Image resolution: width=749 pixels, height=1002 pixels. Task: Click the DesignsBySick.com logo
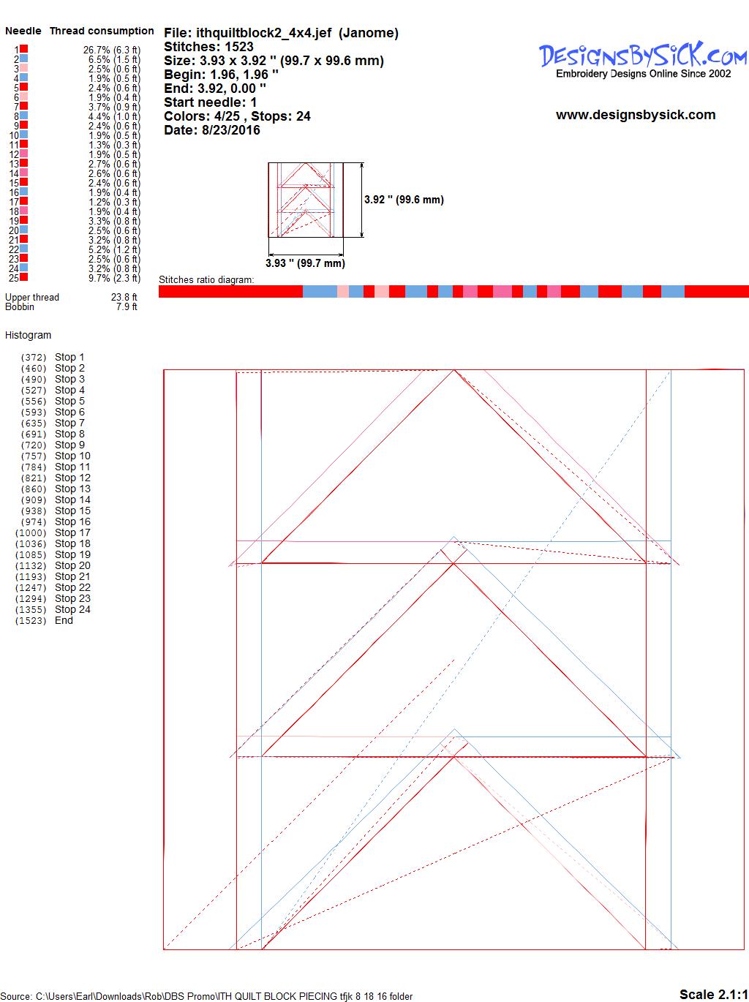pos(643,60)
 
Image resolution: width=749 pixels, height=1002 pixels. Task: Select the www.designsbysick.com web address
pos(636,115)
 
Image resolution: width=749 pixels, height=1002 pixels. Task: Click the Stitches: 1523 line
pos(208,47)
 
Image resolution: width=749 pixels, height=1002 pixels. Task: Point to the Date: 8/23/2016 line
pos(212,130)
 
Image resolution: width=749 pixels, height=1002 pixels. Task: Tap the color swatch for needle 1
pos(23,48)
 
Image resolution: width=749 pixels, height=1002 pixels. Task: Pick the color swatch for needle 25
pos(23,276)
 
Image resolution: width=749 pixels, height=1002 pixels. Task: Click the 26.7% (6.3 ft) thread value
pos(112,50)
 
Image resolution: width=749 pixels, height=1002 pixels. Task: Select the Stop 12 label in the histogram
pos(72,478)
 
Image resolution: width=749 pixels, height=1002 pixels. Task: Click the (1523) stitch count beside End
pos(31,620)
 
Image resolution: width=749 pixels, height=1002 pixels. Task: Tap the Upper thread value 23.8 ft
pos(124,297)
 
